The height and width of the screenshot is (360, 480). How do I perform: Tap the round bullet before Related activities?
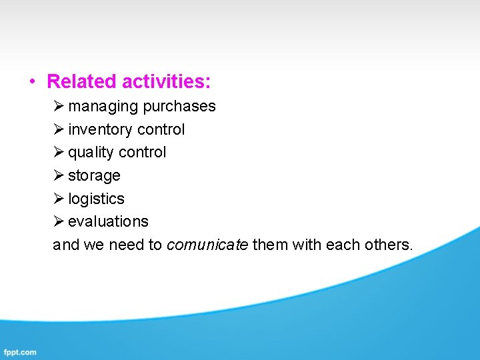31,82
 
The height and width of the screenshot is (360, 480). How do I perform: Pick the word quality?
91,153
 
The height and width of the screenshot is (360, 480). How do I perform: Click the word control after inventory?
161,129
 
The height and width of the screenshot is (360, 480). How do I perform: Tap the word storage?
94,176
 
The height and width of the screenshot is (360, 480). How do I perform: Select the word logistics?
96,199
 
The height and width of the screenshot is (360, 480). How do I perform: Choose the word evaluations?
108,221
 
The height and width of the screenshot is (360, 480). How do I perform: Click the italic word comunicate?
207,245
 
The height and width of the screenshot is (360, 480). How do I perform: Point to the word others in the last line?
389,245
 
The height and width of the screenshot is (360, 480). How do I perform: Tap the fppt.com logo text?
20,352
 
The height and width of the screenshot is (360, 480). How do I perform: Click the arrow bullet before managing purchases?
59,107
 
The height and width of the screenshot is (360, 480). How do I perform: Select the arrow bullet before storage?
59,176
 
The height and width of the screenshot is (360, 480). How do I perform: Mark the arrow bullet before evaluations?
59,221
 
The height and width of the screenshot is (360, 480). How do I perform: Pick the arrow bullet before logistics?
59,199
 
